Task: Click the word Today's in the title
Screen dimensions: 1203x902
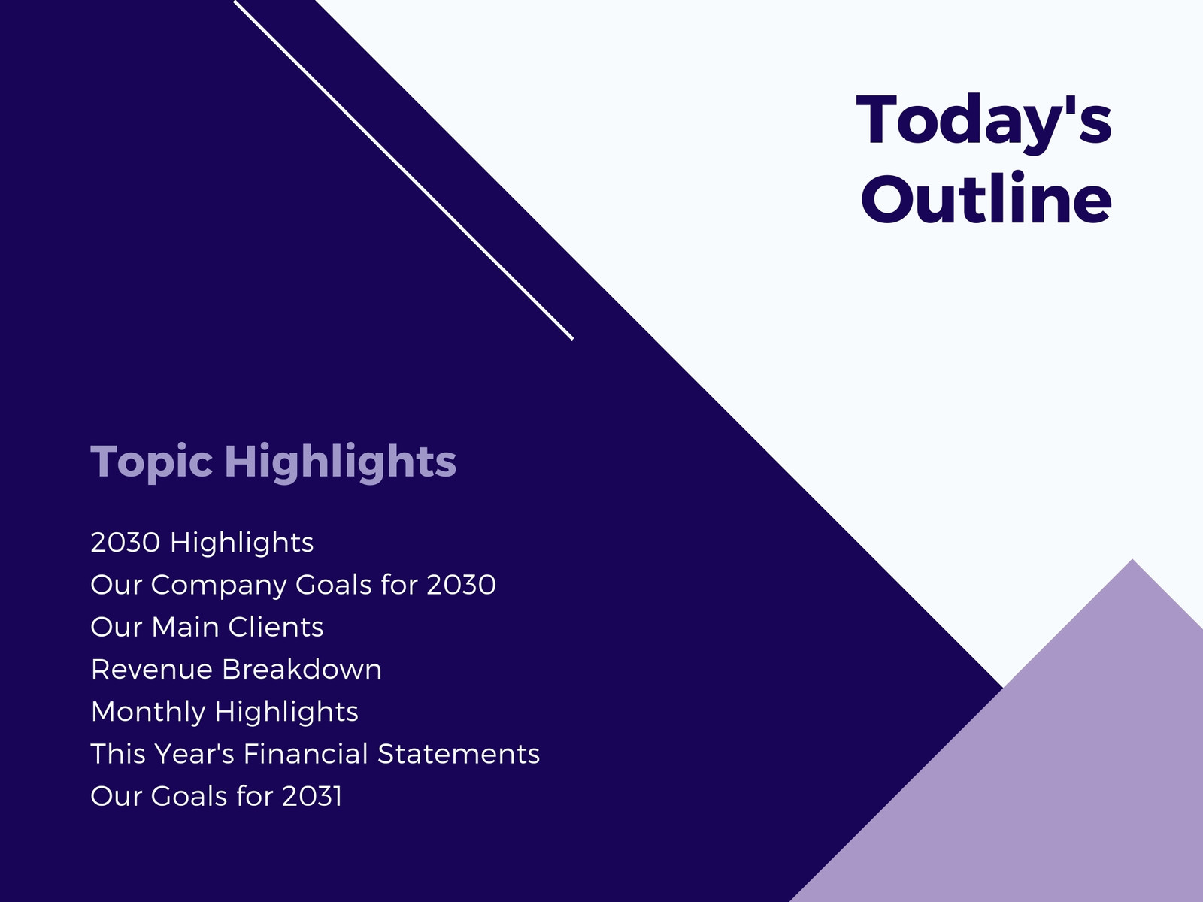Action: click(x=983, y=123)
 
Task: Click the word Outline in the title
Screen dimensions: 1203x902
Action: click(x=986, y=198)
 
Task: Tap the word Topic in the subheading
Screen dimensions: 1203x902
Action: click(x=151, y=463)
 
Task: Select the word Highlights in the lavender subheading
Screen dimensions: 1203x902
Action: click(x=341, y=463)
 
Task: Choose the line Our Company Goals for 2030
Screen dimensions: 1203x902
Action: click(x=293, y=585)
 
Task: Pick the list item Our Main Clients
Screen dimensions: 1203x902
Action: click(x=208, y=627)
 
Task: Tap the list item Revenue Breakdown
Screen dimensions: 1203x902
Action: click(x=236, y=669)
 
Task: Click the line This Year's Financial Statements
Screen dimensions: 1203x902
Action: click(x=315, y=754)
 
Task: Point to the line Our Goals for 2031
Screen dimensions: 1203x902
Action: click(x=217, y=796)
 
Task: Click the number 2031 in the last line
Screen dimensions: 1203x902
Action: click(x=312, y=796)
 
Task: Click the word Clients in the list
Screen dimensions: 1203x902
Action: click(x=276, y=627)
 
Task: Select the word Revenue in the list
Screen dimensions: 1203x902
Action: click(x=152, y=670)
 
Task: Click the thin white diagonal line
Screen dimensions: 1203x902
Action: click(x=404, y=170)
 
